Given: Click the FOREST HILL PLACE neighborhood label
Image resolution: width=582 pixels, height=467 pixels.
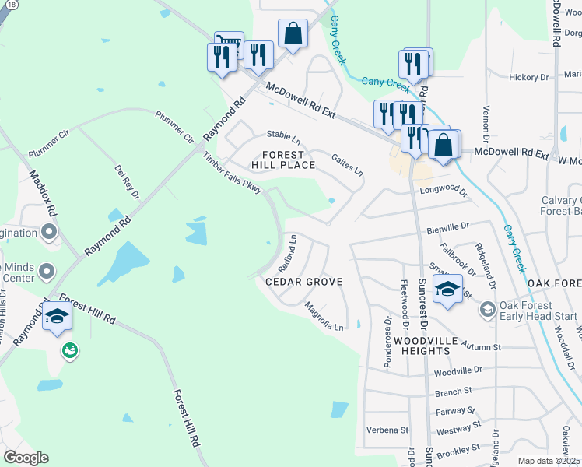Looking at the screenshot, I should (x=282, y=160).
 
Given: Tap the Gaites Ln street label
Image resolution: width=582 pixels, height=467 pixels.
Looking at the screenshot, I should (x=347, y=163).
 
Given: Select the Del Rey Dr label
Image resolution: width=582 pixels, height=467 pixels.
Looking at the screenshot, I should (x=126, y=181).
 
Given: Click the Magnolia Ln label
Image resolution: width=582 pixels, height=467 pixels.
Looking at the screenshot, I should (x=324, y=316).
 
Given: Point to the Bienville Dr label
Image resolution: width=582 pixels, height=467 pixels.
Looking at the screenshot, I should (x=448, y=227).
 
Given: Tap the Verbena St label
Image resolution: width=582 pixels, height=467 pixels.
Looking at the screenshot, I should (x=387, y=430).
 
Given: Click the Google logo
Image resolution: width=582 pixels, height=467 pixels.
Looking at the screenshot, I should (x=26, y=457).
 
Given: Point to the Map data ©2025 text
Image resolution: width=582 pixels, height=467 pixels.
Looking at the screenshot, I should (x=549, y=461).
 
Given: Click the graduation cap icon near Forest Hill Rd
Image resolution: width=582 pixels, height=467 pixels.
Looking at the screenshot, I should (x=58, y=316).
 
